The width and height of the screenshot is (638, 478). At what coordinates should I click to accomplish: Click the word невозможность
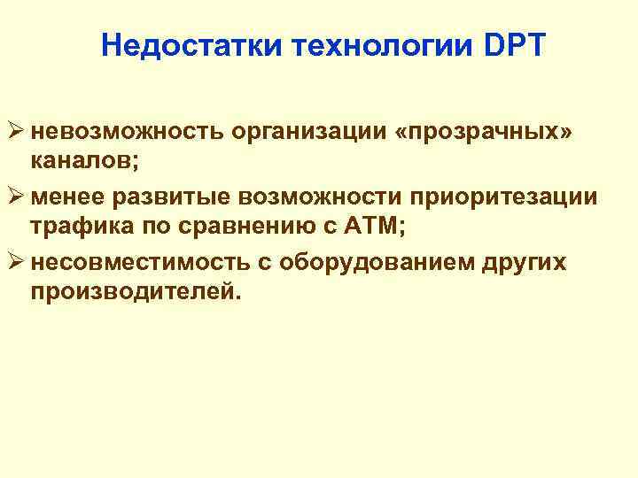(126, 131)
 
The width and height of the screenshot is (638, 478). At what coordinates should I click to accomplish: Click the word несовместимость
(140, 262)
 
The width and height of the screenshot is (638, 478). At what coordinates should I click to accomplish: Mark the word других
(522, 262)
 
